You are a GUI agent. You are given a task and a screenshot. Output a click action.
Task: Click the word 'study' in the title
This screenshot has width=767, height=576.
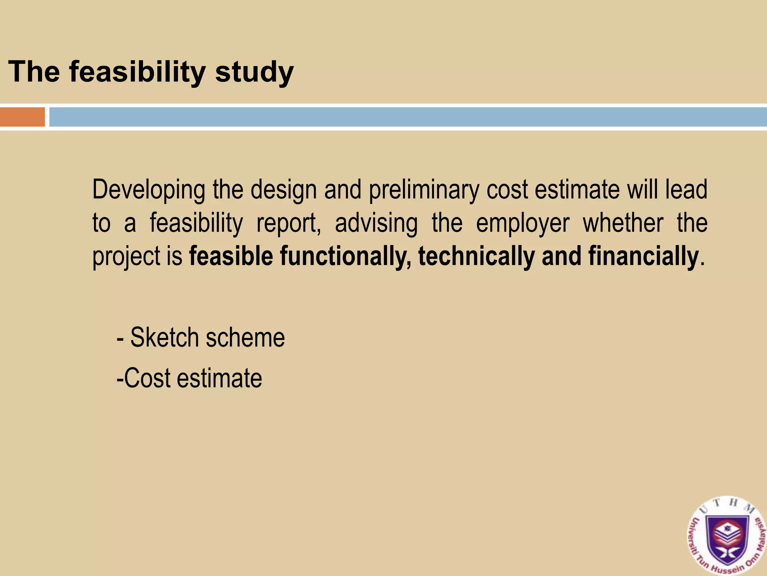coord(254,72)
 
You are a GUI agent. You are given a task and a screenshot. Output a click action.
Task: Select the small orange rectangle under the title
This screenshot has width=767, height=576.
coord(22,117)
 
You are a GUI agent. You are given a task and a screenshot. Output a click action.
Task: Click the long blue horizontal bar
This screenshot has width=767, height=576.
coord(408,117)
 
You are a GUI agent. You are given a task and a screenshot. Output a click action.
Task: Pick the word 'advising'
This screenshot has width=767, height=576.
coord(376,224)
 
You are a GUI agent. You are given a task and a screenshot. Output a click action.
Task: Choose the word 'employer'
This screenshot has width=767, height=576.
coord(522,224)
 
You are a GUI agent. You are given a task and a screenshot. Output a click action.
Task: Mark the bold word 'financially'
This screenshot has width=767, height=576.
coord(643,257)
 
